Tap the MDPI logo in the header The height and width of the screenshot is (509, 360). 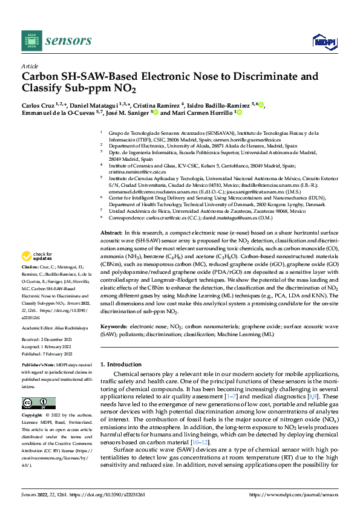pyautogui.click(x=324, y=41)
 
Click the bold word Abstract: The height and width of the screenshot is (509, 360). pyautogui.click(x=111, y=233)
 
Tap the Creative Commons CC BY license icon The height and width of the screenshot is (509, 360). pyautogui.click(x=35, y=403)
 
